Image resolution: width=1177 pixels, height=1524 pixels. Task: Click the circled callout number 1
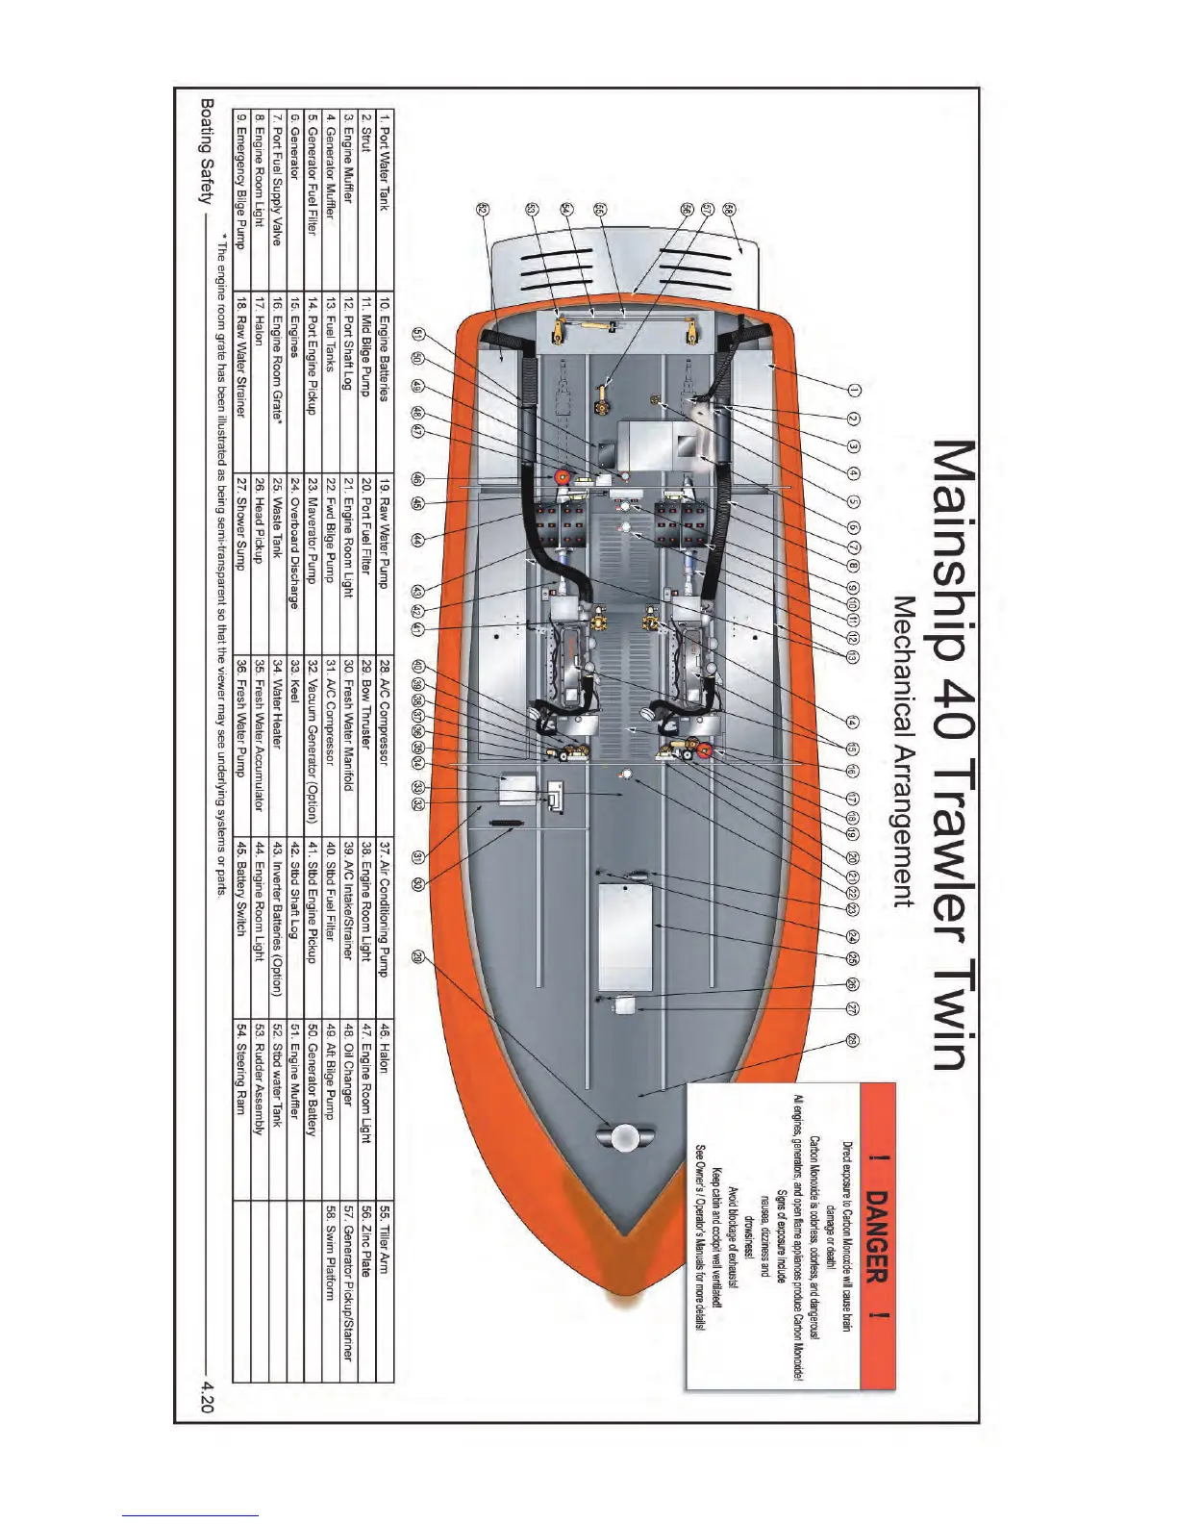853,390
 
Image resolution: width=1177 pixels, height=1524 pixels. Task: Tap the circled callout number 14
853,724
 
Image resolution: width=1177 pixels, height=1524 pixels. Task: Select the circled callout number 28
853,1040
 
